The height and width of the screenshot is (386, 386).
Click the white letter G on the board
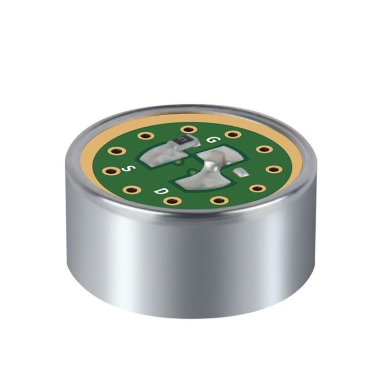click(x=211, y=139)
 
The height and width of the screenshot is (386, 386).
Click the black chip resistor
click(x=182, y=140)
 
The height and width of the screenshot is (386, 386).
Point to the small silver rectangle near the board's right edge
click(x=240, y=172)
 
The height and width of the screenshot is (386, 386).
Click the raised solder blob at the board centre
click(x=210, y=167)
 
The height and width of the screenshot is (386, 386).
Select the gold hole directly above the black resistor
click(x=189, y=129)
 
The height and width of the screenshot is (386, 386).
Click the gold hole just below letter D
click(x=173, y=200)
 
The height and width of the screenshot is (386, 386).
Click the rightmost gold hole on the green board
click(x=274, y=169)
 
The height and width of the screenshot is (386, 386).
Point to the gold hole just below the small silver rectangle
click(x=258, y=188)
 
